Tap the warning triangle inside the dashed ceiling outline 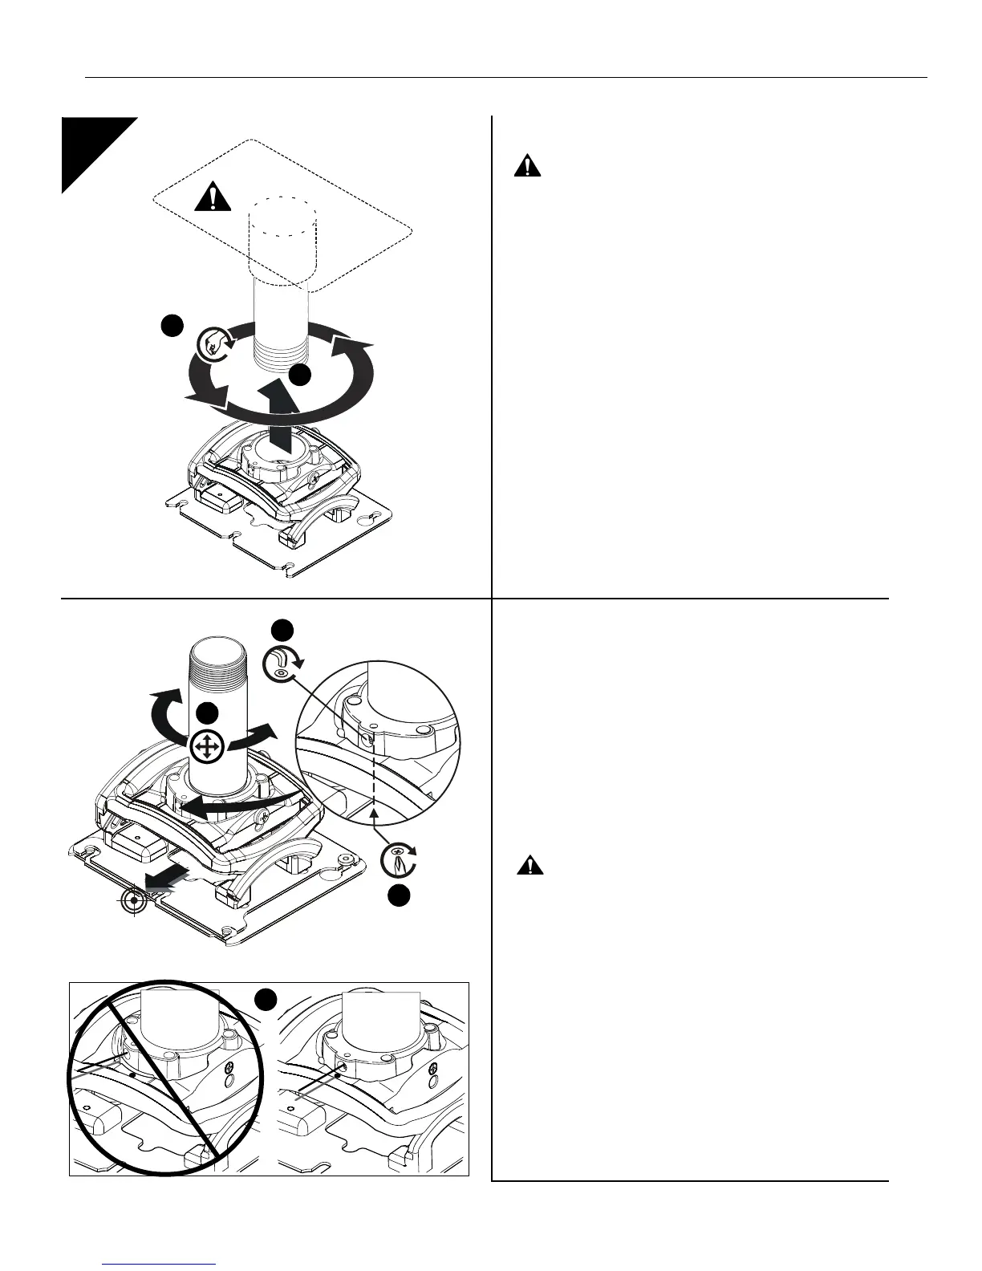coord(212,197)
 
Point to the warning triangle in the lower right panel coord(529,865)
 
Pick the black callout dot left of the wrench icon coord(170,326)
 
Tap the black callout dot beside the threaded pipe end coord(301,375)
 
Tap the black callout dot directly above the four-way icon coord(208,712)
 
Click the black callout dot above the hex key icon coord(281,629)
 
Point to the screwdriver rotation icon coord(398,859)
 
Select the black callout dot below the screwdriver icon coord(399,896)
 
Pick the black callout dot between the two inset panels coord(267,999)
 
